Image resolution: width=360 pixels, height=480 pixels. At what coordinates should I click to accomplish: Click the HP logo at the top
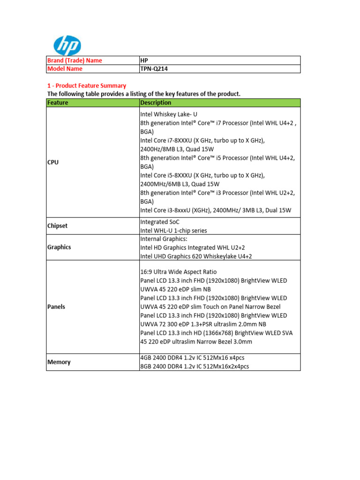[67, 45]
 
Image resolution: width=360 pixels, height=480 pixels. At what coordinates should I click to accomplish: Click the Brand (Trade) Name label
[75, 60]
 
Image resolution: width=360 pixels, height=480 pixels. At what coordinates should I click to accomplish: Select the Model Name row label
[65, 69]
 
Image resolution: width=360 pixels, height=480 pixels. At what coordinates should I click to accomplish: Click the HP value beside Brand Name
[144, 60]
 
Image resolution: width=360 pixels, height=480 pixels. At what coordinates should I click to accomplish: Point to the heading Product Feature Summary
[86, 86]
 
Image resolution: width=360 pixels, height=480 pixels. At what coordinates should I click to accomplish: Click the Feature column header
[58, 103]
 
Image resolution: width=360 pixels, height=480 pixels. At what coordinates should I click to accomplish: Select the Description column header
[156, 103]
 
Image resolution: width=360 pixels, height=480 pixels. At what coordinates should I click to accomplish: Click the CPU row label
[53, 162]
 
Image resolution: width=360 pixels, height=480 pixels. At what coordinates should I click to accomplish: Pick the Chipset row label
[57, 226]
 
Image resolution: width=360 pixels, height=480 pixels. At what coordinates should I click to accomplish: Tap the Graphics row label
[59, 247]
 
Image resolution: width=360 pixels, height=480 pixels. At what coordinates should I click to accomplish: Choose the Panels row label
[56, 307]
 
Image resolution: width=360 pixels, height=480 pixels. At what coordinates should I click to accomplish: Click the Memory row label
[59, 362]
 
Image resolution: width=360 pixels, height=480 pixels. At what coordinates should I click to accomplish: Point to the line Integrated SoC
[160, 222]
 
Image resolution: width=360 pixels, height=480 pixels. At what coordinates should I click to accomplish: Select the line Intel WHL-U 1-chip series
[173, 231]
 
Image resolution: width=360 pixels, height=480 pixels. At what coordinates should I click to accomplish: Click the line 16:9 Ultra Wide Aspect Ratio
[179, 272]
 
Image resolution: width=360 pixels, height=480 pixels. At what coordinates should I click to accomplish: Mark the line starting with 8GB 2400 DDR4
[195, 367]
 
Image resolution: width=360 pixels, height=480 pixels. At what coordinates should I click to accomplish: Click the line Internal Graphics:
[163, 239]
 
